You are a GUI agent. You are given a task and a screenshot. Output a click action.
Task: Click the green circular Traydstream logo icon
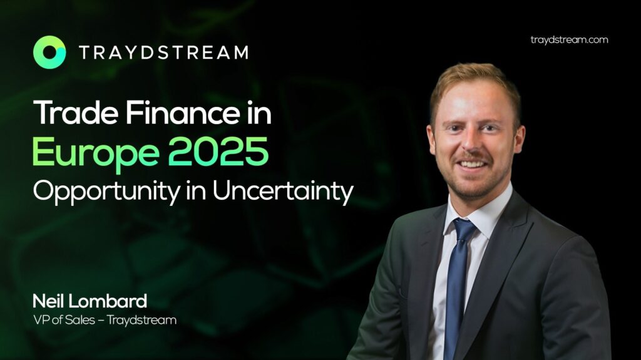coord(49,52)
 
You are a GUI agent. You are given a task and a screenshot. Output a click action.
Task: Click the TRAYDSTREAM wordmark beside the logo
coord(163,53)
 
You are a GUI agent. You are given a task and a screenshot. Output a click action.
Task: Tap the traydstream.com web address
coord(569,39)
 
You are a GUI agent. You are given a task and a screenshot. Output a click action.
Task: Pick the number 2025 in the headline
coord(218,151)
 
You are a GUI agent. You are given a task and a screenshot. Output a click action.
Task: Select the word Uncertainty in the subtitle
coord(283,191)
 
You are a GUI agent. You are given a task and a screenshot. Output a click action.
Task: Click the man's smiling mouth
coord(471,165)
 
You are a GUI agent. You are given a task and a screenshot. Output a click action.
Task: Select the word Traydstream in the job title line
coord(142,320)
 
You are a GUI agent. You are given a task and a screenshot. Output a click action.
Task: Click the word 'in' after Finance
coord(259,113)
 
